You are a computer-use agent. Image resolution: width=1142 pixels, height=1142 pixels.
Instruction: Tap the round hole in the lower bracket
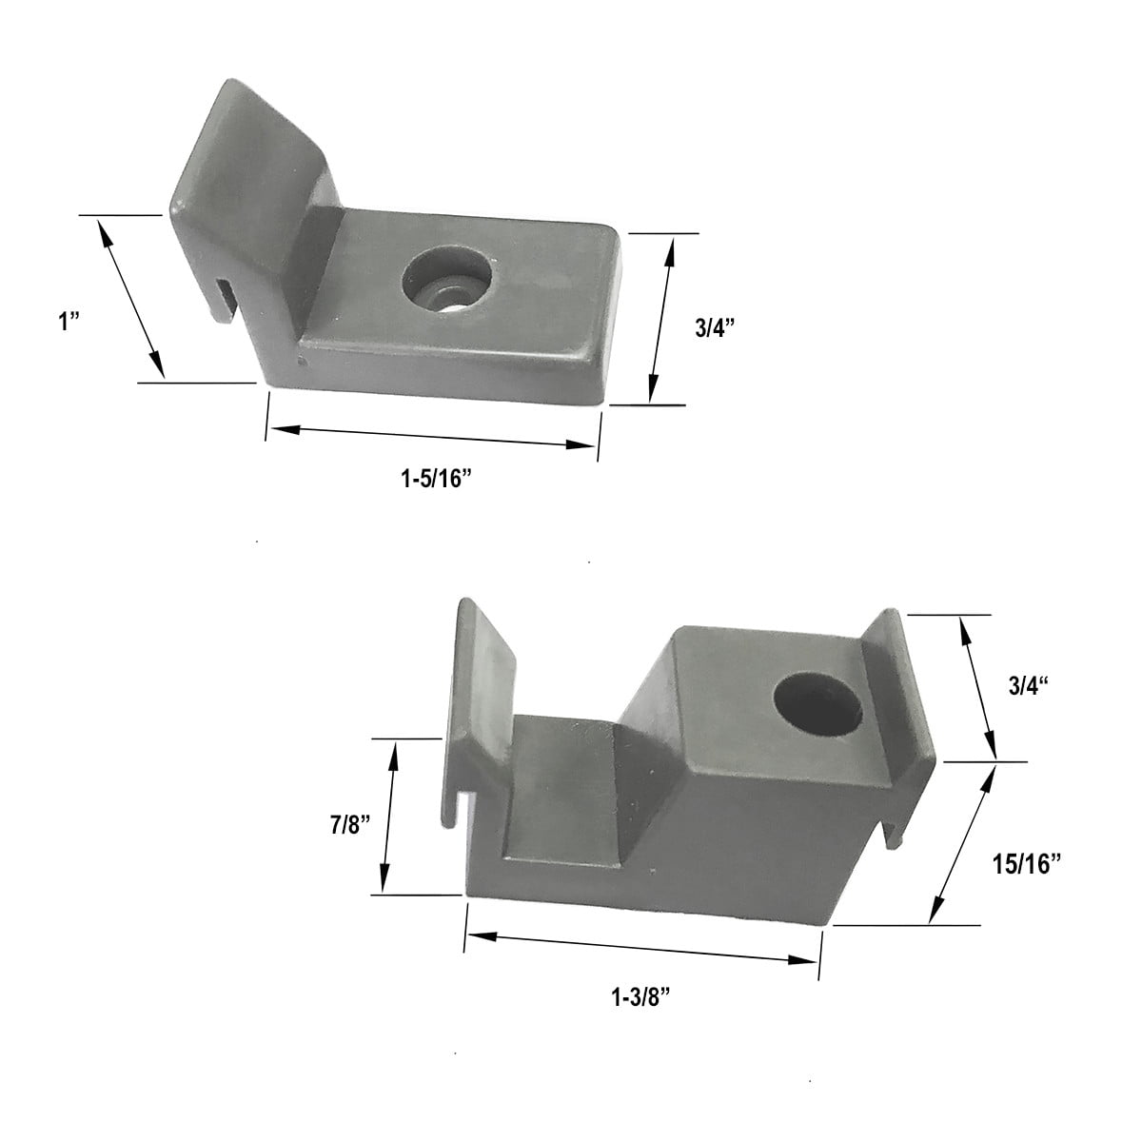[x=818, y=705]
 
